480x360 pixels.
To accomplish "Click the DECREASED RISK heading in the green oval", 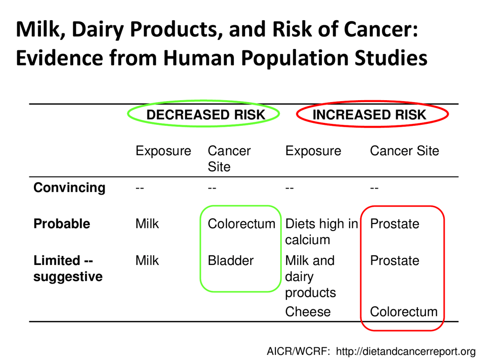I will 205,115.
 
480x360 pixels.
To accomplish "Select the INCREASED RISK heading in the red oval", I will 369,115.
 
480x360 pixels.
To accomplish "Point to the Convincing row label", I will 69,188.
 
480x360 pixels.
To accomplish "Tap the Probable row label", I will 62,223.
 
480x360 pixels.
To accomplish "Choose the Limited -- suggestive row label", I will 68,268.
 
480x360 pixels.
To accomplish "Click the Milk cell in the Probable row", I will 147,223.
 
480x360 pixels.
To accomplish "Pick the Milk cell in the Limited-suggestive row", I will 147,261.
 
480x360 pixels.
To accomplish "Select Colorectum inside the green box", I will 242,223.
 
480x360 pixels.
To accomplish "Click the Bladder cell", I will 230,261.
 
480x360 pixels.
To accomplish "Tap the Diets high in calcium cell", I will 321,231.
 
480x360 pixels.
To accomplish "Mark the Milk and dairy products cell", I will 310,277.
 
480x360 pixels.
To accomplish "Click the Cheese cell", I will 308,312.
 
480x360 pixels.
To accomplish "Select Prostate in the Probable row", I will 395,223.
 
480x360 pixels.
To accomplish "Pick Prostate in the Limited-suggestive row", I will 395,261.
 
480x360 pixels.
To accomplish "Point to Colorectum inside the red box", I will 404,312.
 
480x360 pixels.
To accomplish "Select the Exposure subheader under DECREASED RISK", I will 163,151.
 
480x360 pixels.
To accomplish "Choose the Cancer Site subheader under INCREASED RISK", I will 404,151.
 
